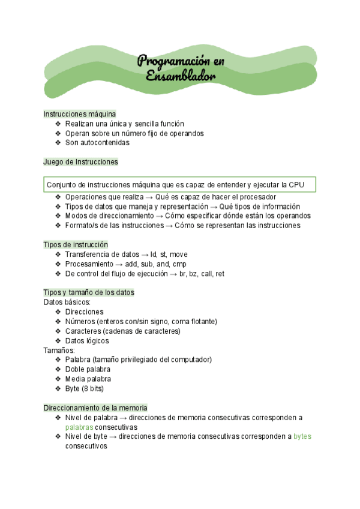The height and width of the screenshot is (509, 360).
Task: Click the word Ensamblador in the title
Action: (x=181, y=76)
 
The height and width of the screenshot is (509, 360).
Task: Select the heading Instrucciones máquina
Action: (x=80, y=113)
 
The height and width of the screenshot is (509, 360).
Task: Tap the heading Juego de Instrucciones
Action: (x=80, y=162)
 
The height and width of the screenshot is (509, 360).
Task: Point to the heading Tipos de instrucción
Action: (x=76, y=244)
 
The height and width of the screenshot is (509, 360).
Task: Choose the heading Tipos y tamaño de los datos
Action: (x=89, y=292)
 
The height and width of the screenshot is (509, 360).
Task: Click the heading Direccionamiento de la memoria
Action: (x=95, y=408)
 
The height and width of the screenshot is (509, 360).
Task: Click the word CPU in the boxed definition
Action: (x=297, y=185)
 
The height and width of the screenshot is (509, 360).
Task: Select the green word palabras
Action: (x=79, y=427)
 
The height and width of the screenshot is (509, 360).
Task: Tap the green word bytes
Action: (x=302, y=436)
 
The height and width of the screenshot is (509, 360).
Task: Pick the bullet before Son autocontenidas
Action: (x=58, y=143)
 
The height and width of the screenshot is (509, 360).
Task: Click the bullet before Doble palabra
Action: (x=58, y=369)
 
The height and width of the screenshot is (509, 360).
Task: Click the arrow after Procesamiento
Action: (x=119, y=264)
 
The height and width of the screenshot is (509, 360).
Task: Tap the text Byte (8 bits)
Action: (x=85, y=388)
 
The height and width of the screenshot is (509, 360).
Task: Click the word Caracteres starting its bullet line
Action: (x=83, y=331)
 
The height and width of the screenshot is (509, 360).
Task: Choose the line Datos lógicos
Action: (x=87, y=340)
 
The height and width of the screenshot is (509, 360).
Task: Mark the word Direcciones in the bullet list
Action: (x=84, y=312)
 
